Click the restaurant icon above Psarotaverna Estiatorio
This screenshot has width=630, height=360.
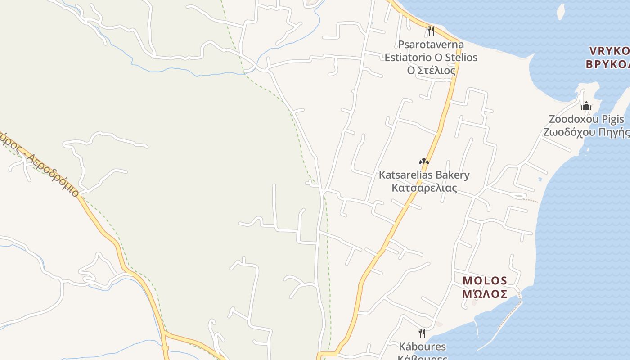click(431, 31)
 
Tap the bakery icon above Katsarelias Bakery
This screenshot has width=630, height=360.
click(423, 162)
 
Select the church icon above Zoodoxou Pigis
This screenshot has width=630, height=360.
click(586, 106)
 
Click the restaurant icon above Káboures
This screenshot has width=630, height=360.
click(422, 333)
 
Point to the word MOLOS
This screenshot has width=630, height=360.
click(485, 281)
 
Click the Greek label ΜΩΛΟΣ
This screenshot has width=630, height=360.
click(485, 294)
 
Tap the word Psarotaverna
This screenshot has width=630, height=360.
click(431, 45)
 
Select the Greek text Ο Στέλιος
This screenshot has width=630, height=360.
click(431, 71)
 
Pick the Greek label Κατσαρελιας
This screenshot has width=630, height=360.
click(424, 188)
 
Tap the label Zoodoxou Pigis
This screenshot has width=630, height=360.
click(586, 119)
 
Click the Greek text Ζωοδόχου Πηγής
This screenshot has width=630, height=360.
click(586, 132)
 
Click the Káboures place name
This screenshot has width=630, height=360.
click(422, 346)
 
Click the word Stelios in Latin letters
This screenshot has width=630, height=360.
click(461, 58)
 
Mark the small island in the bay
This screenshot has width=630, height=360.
click(561, 10)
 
